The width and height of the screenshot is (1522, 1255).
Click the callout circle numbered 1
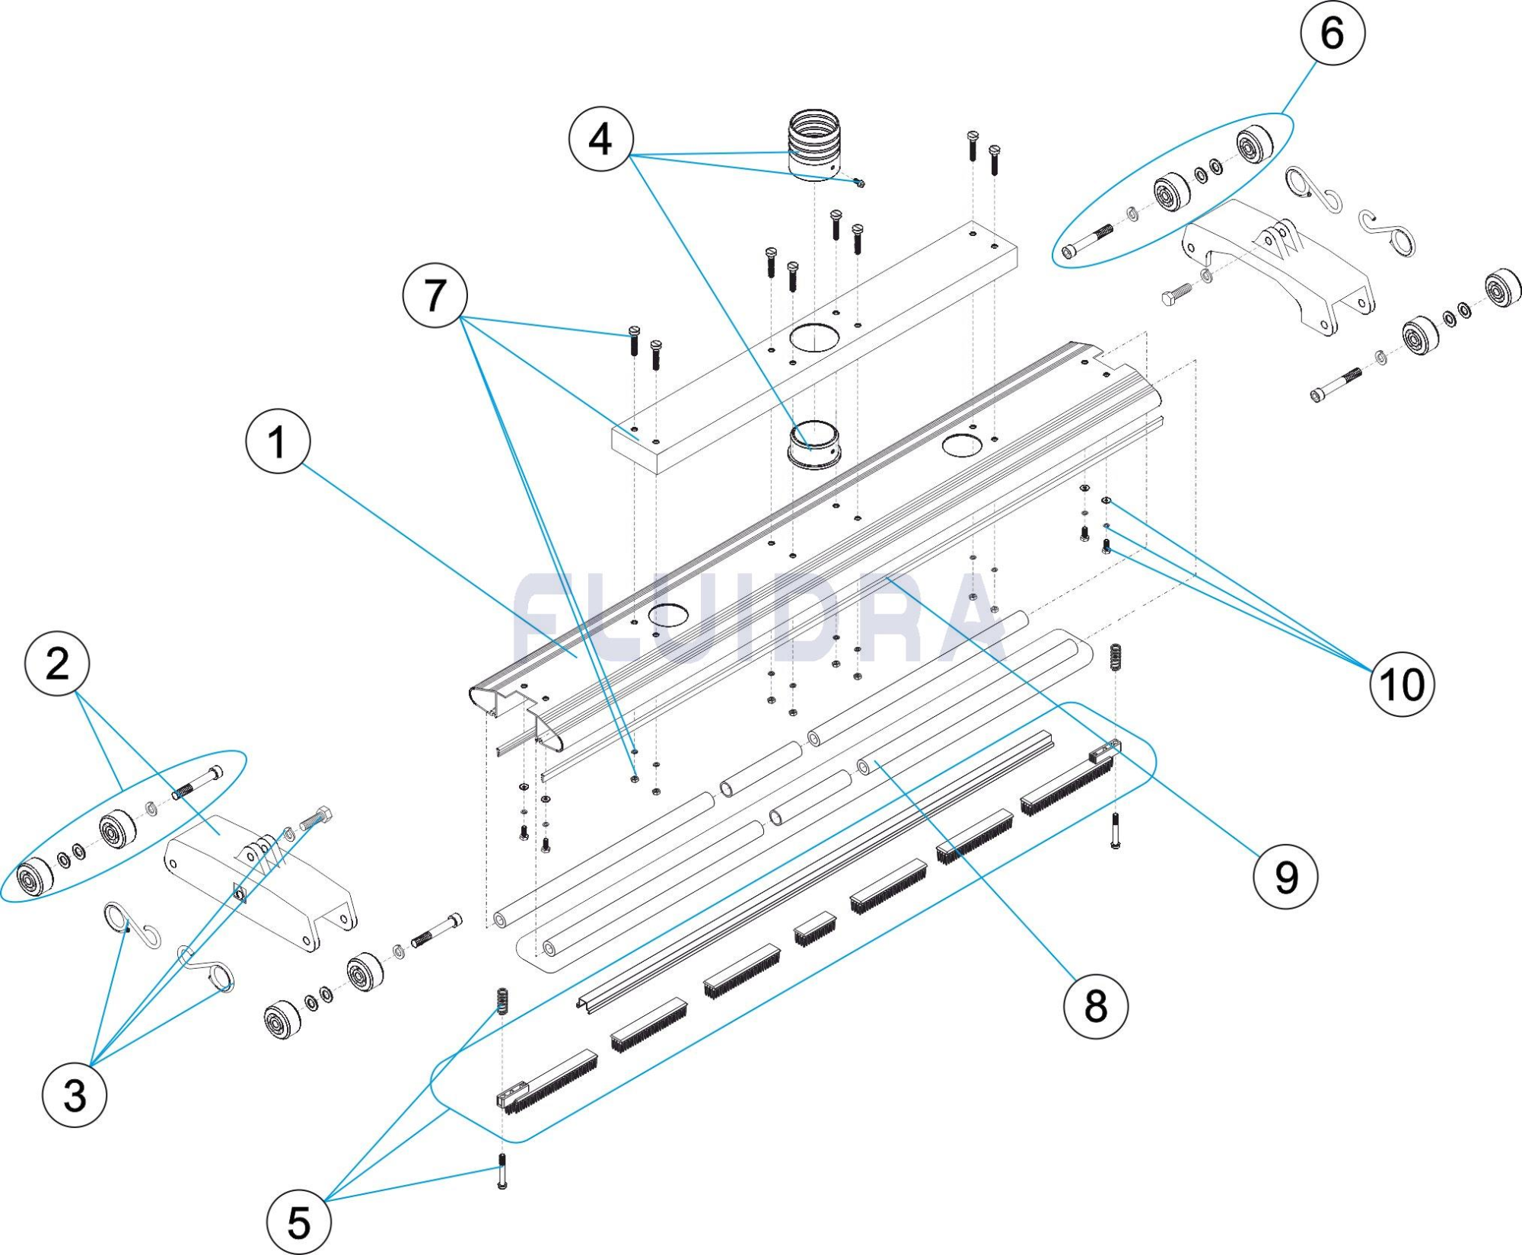coord(278,441)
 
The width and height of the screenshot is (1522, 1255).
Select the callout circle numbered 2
coord(57,664)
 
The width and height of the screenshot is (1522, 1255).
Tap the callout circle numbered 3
coord(75,1095)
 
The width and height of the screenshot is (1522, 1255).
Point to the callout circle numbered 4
coord(600,139)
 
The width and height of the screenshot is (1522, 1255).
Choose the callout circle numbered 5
coord(299,1223)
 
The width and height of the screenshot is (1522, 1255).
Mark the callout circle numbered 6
coord(1333,33)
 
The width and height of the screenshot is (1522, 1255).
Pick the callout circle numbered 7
coord(435,295)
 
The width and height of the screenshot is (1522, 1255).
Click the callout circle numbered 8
coord(1095,1006)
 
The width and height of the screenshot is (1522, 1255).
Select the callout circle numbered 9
coord(1285,878)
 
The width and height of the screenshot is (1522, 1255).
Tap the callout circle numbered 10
coord(1402,684)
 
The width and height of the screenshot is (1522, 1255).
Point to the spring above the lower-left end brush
coord(502,1001)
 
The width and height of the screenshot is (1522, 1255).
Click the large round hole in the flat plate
coord(814,336)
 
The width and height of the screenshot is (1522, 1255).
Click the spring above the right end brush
coord(1116,657)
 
